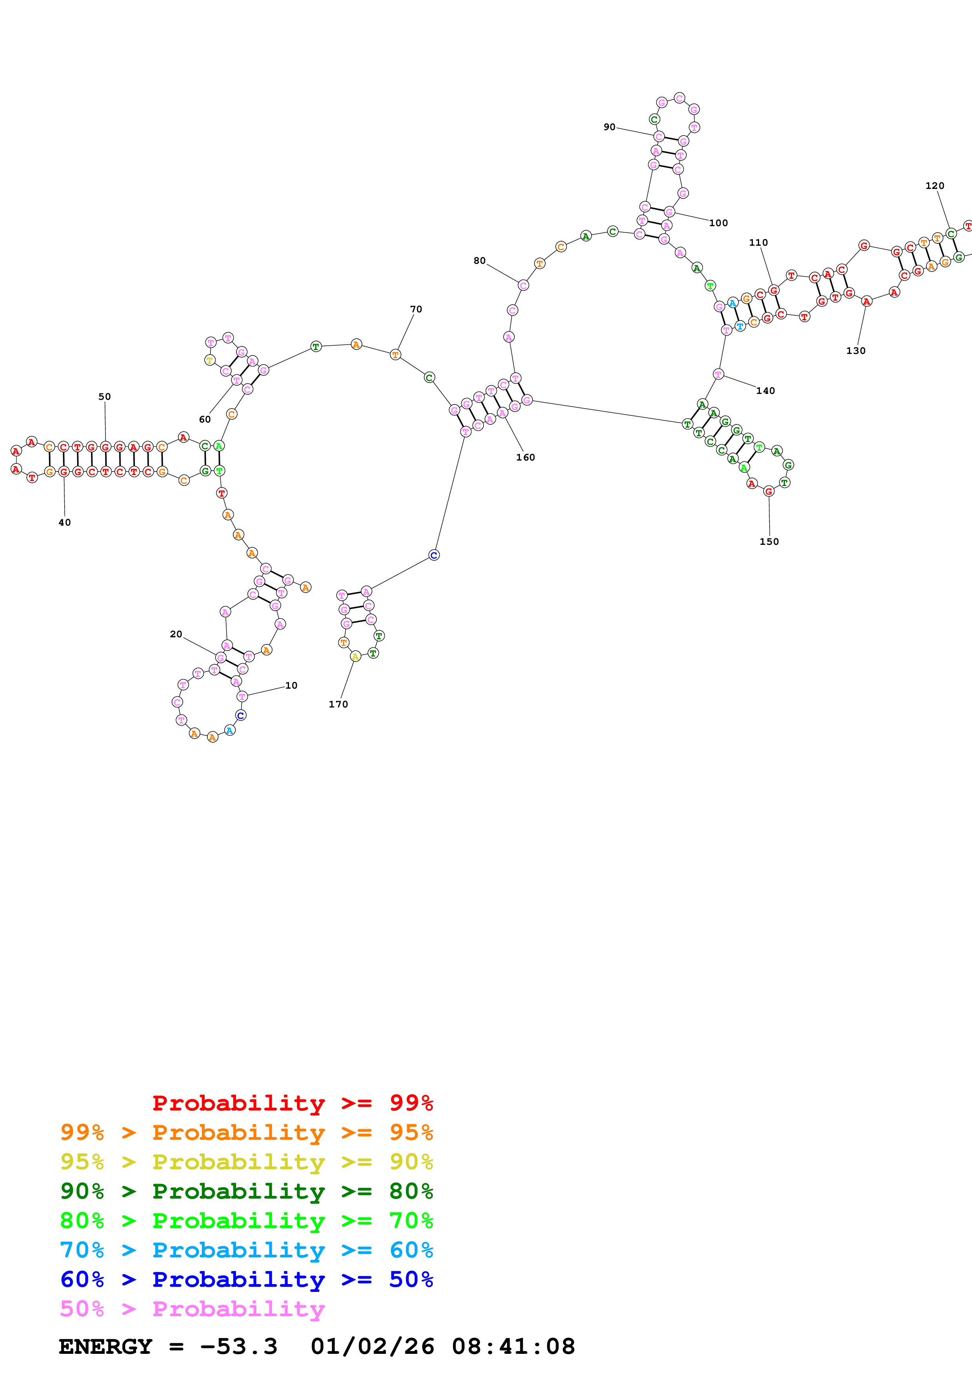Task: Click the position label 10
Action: pyautogui.click(x=291, y=685)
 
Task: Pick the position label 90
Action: pyautogui.click(x=609, y=127)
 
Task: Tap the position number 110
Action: pyautogui.click(x=758, y=243)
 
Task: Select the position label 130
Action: pyautogui.click(x=856, y=351)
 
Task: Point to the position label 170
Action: pyautogui.click(x=338, y=704)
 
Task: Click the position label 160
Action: pyautogui.click(x=526, y=457)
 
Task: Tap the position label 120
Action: pyautogui.click(x=935, y=186)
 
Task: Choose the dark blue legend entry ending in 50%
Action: pyautogui.click(x=246, y=1279)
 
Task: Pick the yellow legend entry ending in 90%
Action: pyautogui.click(x=246, y=1161)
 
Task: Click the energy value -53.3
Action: pyautogui.click(x=238, y=1346)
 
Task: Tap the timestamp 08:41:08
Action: pyautogui.click(x=513, y=1346)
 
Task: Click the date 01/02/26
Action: pyautogui.click(x=372, y=1346)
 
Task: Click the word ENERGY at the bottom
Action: pyautogui.click(x=105, y=1346)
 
